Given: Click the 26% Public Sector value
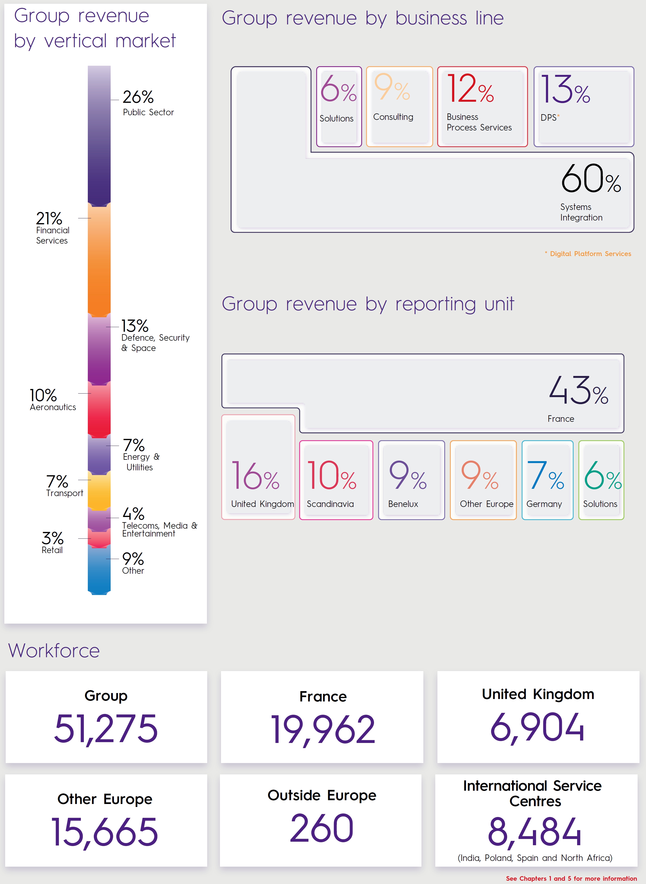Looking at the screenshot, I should pos(138,97).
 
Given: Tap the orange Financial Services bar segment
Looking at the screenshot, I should pos(99,260).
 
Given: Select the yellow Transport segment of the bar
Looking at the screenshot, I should pos(99,491).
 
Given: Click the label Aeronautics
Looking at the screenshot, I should pos(53,407).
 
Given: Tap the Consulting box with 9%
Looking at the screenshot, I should pos(399,106).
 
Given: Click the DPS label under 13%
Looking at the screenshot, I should pos(549,118).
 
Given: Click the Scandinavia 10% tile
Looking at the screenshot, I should pos(336,480).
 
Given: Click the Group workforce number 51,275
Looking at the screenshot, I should pos(106,728).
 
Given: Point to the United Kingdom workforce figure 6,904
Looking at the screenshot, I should pos(537,727).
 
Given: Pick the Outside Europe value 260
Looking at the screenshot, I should pos(321,828).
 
